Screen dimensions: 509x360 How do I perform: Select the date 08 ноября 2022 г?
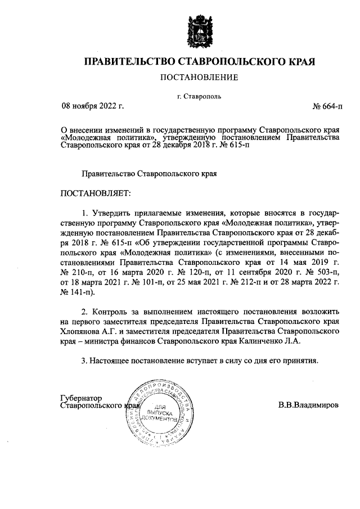click(x=92, y=105)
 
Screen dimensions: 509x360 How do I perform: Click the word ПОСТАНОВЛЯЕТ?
click(x=95, y=193)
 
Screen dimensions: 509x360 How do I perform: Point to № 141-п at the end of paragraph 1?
click(x=76, y=292)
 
